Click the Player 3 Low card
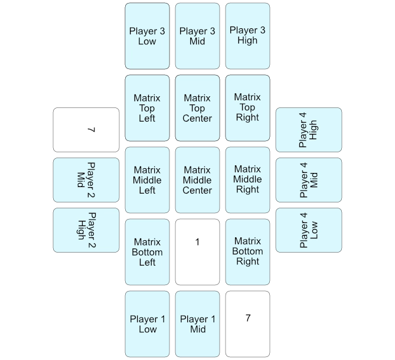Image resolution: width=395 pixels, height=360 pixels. click(147, 36)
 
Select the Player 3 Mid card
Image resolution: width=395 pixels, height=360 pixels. click(197, 36)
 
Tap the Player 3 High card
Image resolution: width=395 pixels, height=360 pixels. click(247, 36)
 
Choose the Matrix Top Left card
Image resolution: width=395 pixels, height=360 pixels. click(147, 108)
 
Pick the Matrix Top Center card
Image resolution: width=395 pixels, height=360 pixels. click(197, 108)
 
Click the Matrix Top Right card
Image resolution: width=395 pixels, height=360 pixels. click(247, 108)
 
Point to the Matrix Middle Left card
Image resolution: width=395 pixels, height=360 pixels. click(147, 180)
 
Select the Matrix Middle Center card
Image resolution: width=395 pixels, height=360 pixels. click(197, 180)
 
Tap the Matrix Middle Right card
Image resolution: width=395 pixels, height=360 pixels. click(247, 180)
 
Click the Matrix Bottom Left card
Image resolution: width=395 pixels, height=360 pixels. click(147, 252)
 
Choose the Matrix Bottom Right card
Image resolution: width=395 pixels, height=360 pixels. click(247, 252)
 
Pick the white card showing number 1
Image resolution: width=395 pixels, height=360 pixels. click(197, 252)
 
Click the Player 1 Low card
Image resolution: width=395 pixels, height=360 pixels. click(147, 324)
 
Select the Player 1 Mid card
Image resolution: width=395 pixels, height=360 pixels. click(197, 324)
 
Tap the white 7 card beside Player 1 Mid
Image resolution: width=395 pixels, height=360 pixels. click(247, 324)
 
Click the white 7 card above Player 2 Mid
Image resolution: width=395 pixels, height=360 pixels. click(86, 129)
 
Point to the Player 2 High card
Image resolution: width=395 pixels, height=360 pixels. click(86, 230)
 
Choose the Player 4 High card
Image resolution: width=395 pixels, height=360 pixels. click(309, 129)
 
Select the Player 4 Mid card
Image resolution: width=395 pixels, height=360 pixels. click(309, 180)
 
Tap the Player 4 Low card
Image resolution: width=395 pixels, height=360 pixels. click(309, 230)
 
